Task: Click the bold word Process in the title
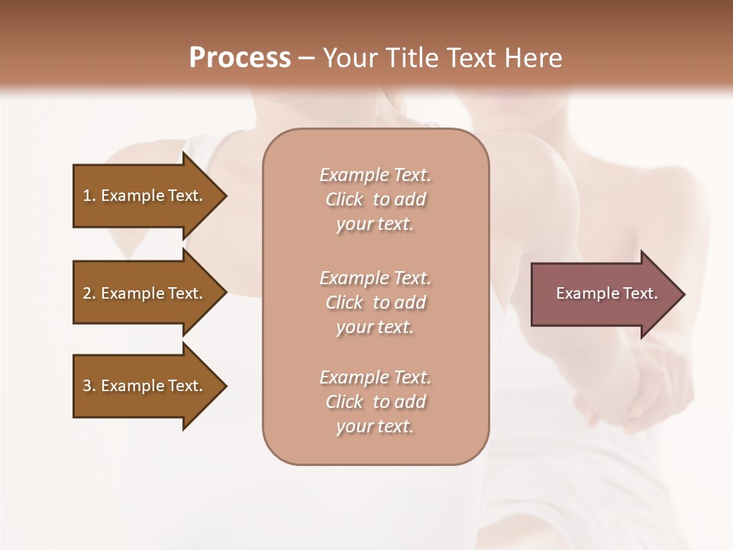240,57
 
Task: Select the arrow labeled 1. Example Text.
145,196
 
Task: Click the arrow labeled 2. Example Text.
145,293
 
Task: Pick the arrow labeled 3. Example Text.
145,386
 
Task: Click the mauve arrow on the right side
603,293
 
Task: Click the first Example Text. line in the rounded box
375,175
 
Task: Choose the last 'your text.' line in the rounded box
375,426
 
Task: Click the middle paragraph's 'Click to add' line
375,302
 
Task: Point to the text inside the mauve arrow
606,293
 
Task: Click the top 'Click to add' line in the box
375,199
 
